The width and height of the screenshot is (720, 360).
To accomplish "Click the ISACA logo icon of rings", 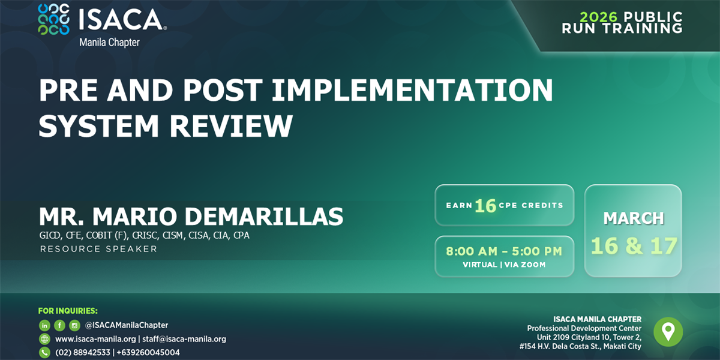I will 53,19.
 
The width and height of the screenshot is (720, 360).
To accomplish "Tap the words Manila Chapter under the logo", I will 109,43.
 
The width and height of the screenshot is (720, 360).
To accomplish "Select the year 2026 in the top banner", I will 600,17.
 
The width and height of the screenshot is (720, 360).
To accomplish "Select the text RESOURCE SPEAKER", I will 98,249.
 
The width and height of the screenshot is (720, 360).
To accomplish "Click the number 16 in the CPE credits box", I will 485,206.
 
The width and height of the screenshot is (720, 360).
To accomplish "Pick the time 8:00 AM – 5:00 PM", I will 504,251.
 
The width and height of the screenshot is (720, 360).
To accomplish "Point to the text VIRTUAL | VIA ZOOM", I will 504,265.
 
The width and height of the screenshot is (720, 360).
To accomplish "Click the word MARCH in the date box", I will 634,218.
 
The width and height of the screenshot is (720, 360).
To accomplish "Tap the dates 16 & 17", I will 634,246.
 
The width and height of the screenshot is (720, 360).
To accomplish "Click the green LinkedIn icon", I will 44,325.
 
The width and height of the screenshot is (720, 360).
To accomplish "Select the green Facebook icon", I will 59,325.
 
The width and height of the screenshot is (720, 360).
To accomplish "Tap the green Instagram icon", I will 74,325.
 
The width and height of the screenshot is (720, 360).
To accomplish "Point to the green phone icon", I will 44,353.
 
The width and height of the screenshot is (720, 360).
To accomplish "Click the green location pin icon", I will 668,331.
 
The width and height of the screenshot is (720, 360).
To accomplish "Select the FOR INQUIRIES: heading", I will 68,311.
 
